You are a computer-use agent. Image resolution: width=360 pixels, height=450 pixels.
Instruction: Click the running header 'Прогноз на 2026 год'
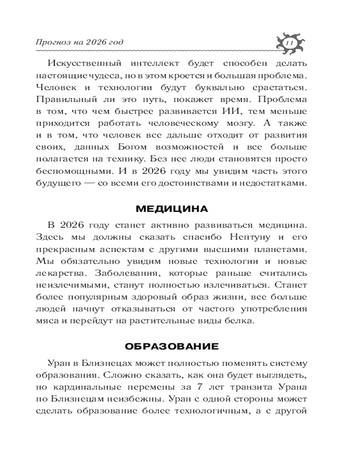click(x=79, y=43)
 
